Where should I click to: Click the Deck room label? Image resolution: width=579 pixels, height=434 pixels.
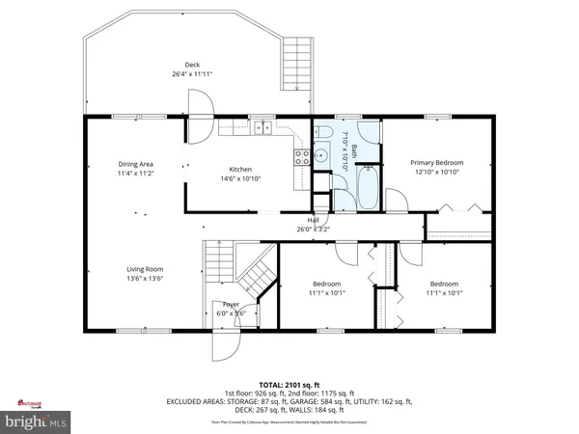click(193, 65)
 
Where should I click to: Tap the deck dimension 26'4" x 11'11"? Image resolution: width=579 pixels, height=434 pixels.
click(193, 74)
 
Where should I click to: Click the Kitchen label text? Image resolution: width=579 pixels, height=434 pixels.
click(240, 169)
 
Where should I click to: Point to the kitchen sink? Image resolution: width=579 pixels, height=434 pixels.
click(262, 124)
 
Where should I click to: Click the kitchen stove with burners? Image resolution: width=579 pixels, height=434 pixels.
click(300, 157)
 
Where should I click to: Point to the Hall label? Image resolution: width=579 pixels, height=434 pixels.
click(300, 220)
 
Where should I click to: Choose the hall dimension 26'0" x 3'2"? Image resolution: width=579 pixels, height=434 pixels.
click(300, 230)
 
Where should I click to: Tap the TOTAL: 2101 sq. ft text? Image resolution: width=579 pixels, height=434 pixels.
click(289, 383)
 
